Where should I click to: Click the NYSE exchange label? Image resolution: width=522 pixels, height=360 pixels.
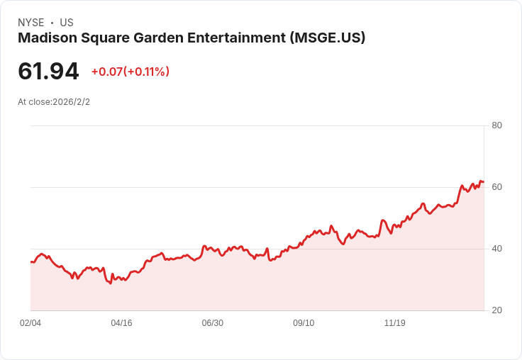coord(31,23)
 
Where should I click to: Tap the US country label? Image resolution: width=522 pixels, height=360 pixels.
coord(67,23)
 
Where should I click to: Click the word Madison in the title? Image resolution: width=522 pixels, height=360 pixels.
coord(48,38)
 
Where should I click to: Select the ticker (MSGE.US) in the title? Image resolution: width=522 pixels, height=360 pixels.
coord(328,38)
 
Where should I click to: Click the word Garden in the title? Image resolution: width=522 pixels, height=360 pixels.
coord(158,38)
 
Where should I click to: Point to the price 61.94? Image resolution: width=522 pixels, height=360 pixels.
coord(48,72)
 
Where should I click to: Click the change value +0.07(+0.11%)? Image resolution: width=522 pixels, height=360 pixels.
coord(130,72)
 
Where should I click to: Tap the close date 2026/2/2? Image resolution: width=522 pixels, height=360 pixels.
coord(71,102)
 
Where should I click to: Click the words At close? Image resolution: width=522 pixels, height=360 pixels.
coord(34,102)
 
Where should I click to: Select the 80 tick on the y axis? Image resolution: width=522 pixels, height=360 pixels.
coord(496,125)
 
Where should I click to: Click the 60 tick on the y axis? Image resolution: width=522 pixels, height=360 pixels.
coord(496,187)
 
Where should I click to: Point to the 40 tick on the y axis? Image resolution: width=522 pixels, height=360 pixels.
coord(496,249)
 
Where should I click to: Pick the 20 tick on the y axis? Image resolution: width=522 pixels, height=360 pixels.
coord(496,310)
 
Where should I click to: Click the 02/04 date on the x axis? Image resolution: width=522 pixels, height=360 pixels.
coord(30,323)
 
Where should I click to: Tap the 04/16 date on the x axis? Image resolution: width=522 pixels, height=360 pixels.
coord(121,323)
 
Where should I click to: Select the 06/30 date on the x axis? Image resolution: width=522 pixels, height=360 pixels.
coord(212,323)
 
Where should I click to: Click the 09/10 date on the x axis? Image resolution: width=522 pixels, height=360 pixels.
coord(304,323)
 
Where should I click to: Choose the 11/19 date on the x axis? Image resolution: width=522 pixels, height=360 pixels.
coord(395,323)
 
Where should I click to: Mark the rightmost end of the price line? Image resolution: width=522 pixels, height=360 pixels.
coord(484,181)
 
